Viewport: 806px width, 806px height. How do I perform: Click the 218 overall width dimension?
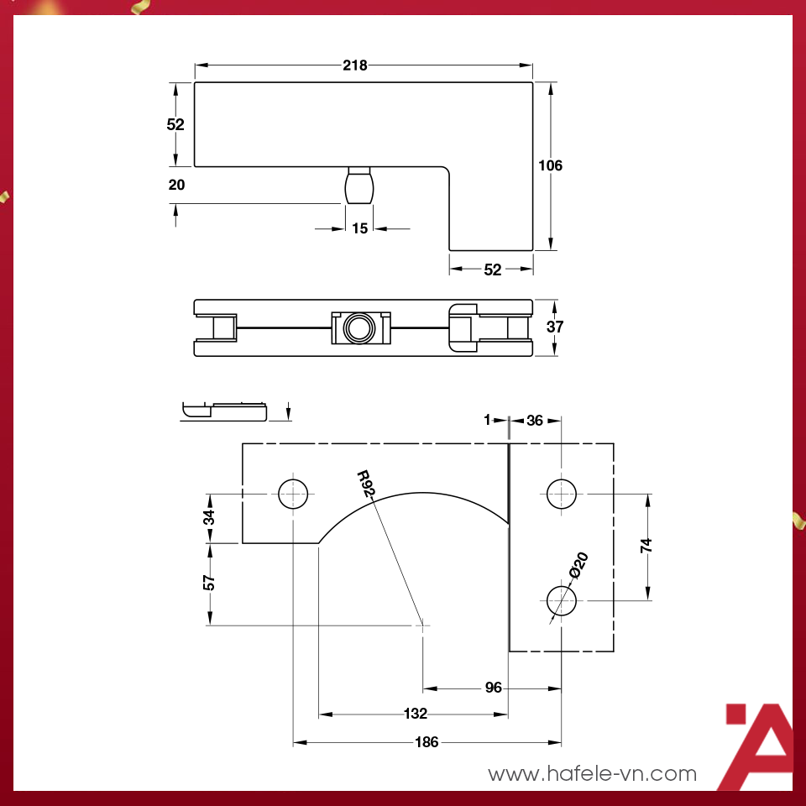pos(355,65)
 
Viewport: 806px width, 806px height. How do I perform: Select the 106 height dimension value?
pos(550,165)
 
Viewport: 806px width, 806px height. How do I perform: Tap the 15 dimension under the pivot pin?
pos(359,228)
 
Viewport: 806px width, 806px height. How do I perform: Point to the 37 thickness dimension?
pos(554,327)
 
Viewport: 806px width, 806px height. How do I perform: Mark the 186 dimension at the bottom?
pos(427,742)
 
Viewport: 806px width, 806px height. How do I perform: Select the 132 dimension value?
pos(416,714)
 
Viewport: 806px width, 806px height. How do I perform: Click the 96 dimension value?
pos(493,688)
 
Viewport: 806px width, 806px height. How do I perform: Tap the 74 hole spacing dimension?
pos(646,546)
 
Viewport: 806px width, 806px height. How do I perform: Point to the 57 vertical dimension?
pos(210,582)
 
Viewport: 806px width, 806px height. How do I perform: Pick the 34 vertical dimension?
pos(210,517)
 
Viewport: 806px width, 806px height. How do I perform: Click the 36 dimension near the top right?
pos(534,421)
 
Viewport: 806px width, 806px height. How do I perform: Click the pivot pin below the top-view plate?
pos(359,186)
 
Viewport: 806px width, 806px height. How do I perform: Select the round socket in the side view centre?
pos(359,327)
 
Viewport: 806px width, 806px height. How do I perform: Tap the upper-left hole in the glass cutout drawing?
pos(293,493)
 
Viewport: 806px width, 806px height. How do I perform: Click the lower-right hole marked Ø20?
pos(561,600)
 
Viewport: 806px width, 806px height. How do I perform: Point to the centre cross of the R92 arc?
pos(422,625)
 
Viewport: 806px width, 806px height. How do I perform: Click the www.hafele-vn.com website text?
pos(592,773)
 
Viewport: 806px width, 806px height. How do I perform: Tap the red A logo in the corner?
pos(760,747)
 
